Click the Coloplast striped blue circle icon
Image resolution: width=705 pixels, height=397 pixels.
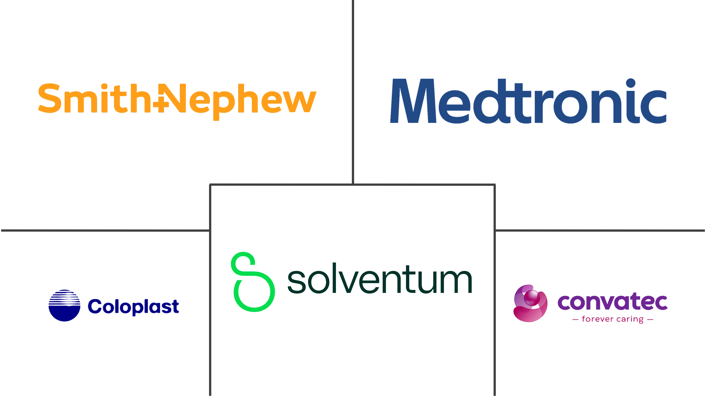[64, 305]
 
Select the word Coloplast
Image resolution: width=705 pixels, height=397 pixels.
[133, 307]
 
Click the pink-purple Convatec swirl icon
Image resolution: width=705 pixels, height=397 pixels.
[530, 303]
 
